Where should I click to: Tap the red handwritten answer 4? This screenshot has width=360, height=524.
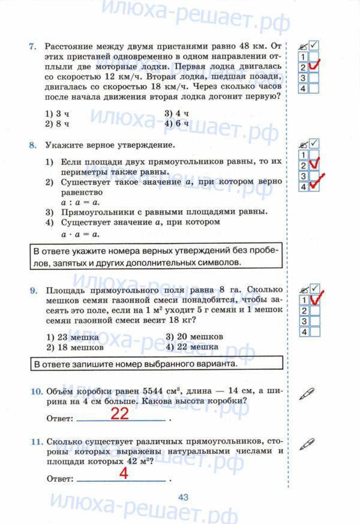pos(124,473)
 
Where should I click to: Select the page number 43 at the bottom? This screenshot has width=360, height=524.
pos(184,497)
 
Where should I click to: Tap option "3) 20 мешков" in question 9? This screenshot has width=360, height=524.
pos(194,337)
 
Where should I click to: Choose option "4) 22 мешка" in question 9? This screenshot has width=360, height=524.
pos(192,347)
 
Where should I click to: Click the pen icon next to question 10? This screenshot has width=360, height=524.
pos(306,393)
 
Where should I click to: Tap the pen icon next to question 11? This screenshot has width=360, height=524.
pos(306,444)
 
